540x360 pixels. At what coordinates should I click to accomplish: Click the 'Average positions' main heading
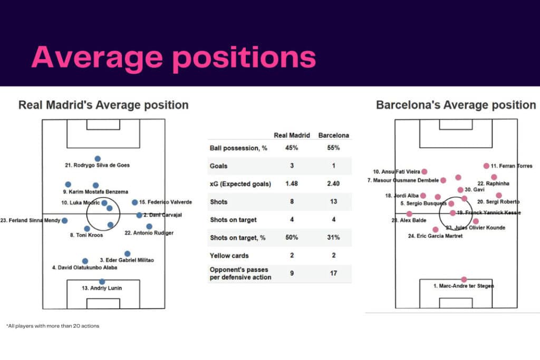point(173,57)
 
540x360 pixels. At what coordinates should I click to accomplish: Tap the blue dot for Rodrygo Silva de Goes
point(97,159)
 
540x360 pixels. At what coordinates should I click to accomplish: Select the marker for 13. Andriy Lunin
point(102,281)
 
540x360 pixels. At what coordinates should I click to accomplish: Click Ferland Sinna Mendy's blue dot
point(64,220)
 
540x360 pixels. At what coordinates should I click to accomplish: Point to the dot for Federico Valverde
point(135,202)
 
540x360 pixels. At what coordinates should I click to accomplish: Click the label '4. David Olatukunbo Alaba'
point(85,268)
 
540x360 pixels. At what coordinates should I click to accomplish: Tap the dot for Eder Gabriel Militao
point(127,254)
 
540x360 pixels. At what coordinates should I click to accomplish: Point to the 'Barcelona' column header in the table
point(334,135)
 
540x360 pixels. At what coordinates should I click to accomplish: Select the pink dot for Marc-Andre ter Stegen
point(464,279)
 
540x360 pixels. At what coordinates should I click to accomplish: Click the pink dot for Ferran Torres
point(486,166)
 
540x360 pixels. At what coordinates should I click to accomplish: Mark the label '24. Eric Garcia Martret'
point(435,236)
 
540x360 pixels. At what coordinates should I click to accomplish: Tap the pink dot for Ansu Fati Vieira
point(425,171)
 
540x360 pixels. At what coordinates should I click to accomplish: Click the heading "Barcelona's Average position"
point(456,105)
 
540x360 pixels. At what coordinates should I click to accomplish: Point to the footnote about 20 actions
point(53,326)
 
